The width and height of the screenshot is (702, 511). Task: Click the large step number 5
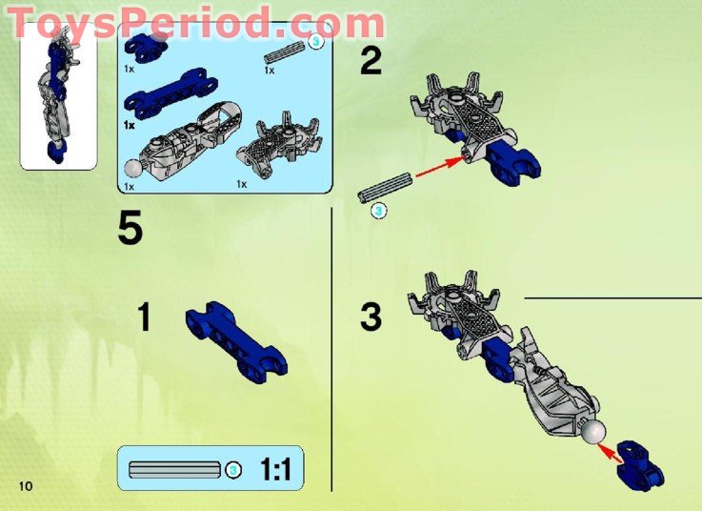(x=130, y=229)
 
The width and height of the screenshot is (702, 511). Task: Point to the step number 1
(x=144, y=317)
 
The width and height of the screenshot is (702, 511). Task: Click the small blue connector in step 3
(x=638, y=461)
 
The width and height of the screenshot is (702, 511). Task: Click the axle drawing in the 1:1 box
(x=176, y=469)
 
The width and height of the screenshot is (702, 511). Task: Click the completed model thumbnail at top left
(x=57, y=95)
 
